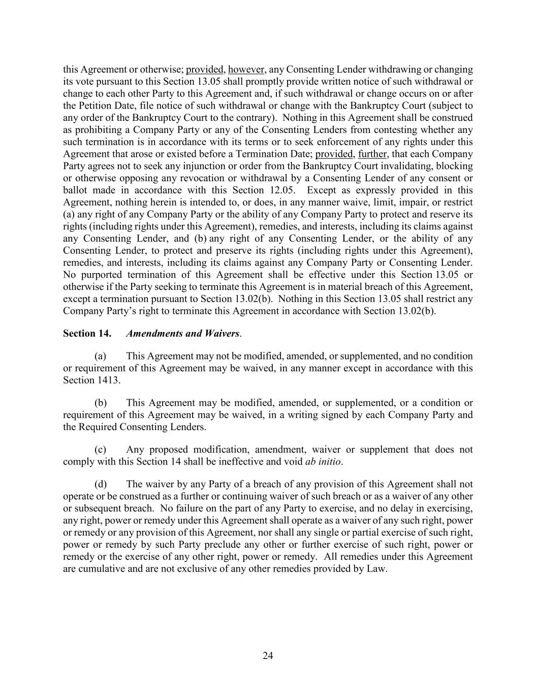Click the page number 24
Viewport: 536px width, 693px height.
268,656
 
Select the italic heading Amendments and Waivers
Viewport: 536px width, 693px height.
182,334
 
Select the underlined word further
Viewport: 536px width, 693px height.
372,154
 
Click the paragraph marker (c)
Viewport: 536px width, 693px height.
101,449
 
